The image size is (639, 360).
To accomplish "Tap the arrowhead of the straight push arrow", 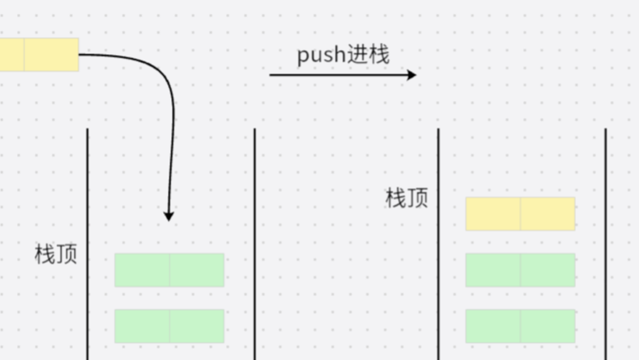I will [x=411, y=75].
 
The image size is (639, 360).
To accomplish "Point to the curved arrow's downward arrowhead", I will [x=169, y=216].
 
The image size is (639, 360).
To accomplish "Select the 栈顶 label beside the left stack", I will [x=56, y=254].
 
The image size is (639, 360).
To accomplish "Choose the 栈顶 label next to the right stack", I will [x=407, y=198].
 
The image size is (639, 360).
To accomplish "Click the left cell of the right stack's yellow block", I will [x=493, y=214].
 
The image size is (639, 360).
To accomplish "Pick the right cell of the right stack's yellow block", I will [x=548, y=214].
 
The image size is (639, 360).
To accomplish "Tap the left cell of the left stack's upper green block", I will [x=142, y=270].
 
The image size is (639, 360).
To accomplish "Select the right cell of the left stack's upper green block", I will [x=197, y=270].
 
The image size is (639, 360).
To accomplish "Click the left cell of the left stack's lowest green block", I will [x=142, y=326].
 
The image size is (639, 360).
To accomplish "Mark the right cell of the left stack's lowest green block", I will [x=197, y=326].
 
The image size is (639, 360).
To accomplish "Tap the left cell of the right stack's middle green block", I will [x=493, y=270].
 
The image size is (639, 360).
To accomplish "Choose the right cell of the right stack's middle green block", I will [x=548, y=270].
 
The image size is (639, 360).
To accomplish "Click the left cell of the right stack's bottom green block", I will [x=493, y=326].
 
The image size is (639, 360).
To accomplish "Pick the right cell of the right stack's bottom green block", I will [x=548, y=326].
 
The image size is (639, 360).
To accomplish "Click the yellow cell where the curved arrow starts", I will [x=52, y=54].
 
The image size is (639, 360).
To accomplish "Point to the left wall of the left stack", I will [x=87, y=242].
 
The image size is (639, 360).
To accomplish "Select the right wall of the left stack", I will [x=255, y=242].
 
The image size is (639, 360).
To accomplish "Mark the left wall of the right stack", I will [x=438, y=242].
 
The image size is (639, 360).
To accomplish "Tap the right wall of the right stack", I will [x=606, y=242].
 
